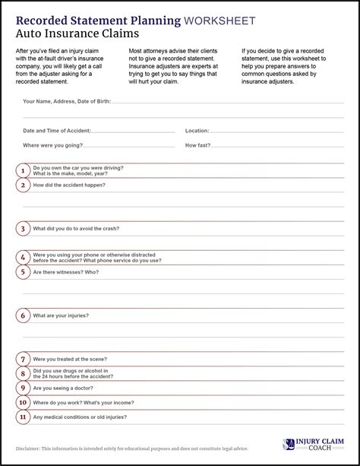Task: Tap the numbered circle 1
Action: pyautogui.click(x=24, y=170)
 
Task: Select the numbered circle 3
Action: pyautogui.click(x=24, y=228)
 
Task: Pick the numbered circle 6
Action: pyautogui.click(x=24, y=315)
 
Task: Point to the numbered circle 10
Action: pyautogui.click(x=24, y=402)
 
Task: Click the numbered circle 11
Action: pyautogui.click(x=24, y=417)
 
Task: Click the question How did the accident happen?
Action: pyautogui.click(x=69, y=185)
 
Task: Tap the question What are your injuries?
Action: pyautogui.click(x=61, y=315)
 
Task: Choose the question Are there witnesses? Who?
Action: pyautogui.click(x=66, y=271)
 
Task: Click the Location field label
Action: pyautogui.click(x=197, y=131)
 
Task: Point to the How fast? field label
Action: pyautogui.click(x=198, y=144)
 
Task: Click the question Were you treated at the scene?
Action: pyautogui.click(x=70, y=359)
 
